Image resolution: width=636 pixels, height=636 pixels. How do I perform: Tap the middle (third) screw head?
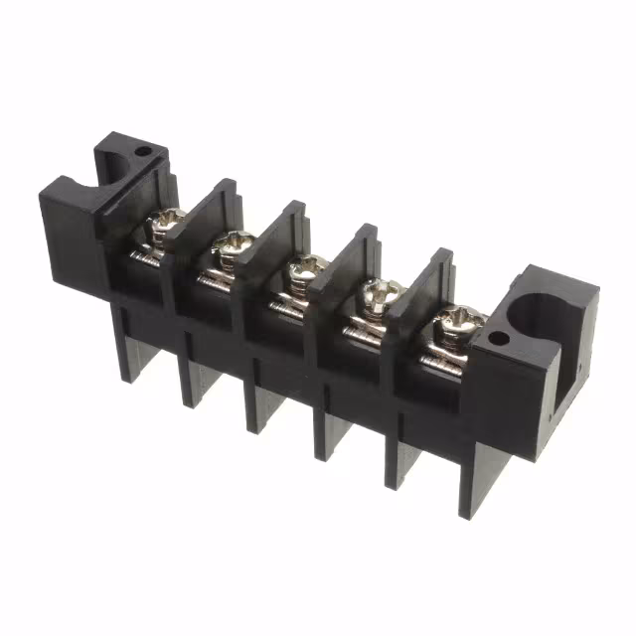[x=305, y=267]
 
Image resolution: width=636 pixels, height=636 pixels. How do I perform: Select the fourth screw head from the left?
[x=377, y=292]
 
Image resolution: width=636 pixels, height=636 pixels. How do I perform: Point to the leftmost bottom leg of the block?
[x=127, y=348]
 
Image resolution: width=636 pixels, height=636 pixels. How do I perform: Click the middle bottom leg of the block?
[x=261, y=407]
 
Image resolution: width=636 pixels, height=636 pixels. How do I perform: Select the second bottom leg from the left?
[x=192, y=378]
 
